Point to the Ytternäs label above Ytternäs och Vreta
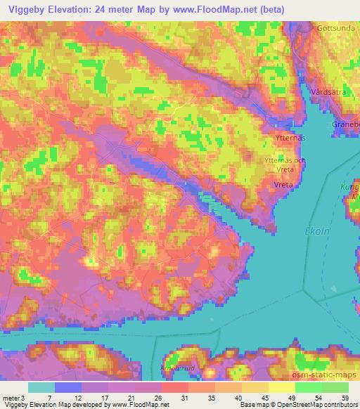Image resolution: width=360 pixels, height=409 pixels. pyautogui.click(x=289, y=138)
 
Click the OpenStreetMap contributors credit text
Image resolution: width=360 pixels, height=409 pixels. pyautogui.click(x=320, y=404)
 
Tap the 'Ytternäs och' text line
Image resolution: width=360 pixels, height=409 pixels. pyautogui.click(x=285, y=161)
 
